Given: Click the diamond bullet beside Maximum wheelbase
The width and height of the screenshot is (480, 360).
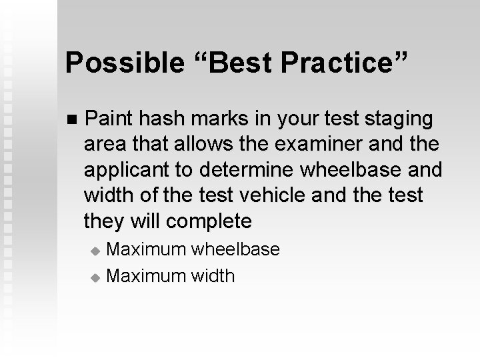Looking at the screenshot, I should click(95, 251).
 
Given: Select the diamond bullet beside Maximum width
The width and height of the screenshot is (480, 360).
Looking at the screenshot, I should click(95, 276).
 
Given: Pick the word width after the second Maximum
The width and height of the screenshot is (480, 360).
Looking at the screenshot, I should click(213, 275).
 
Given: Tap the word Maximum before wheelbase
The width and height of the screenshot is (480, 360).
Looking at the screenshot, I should click(147, 249).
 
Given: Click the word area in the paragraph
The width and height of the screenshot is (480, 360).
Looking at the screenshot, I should click(103, 145).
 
